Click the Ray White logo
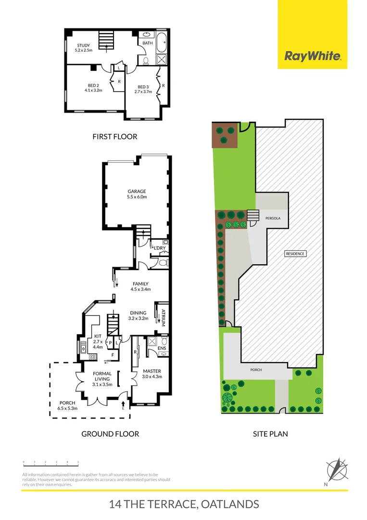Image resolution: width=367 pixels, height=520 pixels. pos(312,56)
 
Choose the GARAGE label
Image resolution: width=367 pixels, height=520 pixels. pos(137,194)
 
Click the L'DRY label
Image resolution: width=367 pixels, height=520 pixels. pos(160,248)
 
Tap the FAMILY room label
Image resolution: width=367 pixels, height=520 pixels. pos(140,286)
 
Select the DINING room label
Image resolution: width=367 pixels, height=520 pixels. pos(137,315)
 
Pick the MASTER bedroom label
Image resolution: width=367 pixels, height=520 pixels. pos(152,374)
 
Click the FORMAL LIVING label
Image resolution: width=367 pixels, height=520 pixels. pos(101,379)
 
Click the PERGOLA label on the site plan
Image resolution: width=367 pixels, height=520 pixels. pos(272,218)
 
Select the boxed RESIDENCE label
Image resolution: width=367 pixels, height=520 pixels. pos(296,253)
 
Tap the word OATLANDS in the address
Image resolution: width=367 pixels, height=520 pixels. pos(229,504)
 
